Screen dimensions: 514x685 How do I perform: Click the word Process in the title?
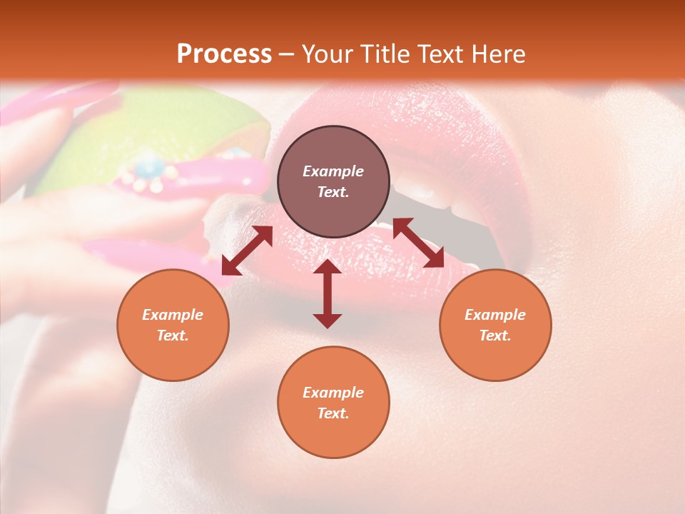224,54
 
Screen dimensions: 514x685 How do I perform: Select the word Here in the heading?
499,54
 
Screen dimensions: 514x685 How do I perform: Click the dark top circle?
333,181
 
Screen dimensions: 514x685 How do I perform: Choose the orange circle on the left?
173,325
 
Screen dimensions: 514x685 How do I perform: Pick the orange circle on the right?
495,325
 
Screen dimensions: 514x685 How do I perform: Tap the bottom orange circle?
333,402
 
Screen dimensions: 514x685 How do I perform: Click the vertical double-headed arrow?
328,293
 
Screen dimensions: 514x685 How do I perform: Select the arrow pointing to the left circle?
247,251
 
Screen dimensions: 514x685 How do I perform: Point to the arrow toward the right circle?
418,243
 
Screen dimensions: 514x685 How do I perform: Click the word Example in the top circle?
333,171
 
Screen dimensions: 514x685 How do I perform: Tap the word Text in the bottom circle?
333,413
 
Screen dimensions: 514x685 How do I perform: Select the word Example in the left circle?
173,315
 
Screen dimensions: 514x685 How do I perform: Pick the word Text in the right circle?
494,336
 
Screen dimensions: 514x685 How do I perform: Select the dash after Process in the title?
286,54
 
